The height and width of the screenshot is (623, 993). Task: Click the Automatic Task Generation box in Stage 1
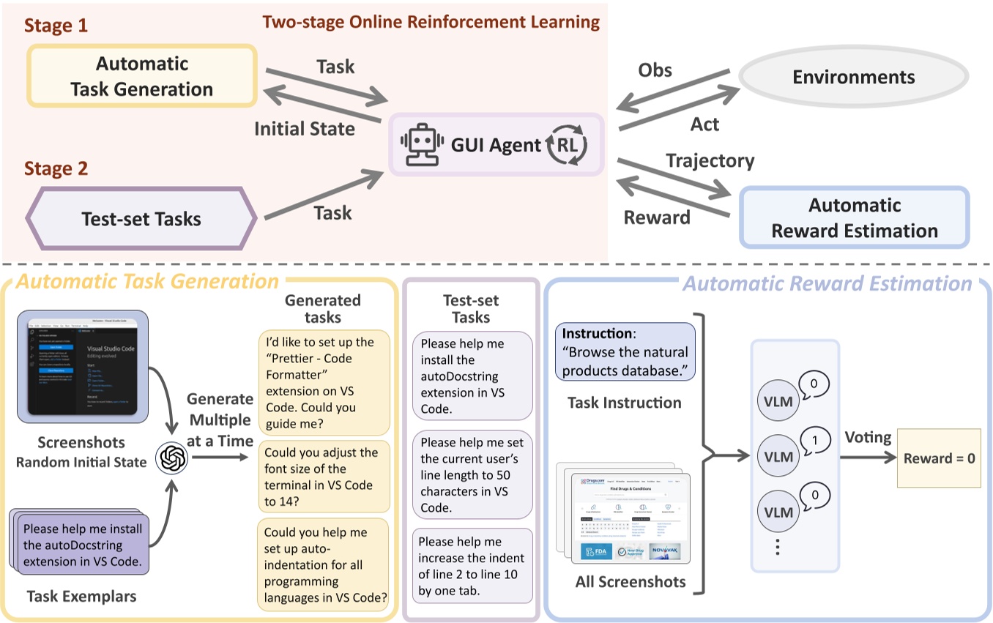coord(141,77)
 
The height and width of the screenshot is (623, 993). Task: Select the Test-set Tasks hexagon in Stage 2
coord(141,218)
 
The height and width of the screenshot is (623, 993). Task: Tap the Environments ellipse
coord(853,77)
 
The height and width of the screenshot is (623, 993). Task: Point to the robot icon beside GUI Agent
coord(419,144)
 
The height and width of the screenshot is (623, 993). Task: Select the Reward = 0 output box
coord(939,458)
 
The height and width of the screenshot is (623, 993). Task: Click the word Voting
coord(868,437)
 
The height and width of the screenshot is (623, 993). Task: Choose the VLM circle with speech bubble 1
coord(778,456)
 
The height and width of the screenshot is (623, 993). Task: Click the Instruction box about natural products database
coord(625,351)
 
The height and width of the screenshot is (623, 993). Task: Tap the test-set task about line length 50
coord(472,475)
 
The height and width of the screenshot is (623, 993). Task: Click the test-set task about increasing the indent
coord(472,565)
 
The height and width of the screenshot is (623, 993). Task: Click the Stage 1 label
coord(56,26)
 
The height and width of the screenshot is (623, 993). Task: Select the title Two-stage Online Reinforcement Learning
coord(431,21)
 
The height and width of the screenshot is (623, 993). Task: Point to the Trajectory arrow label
coord(710,160)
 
